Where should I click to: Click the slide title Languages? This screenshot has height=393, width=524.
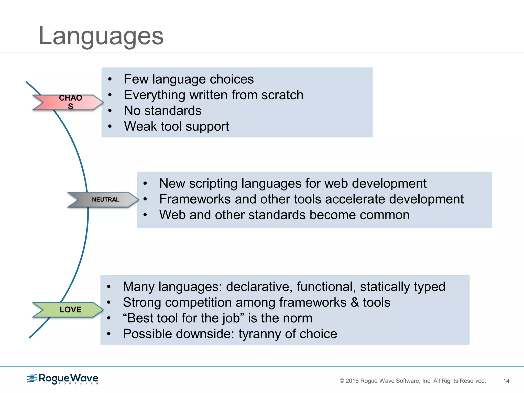click(101, 36)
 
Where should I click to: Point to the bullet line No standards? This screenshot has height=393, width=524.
click(163, 111)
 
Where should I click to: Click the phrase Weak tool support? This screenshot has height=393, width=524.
click(177, 126)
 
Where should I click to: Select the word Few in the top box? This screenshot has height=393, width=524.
click(136, 79)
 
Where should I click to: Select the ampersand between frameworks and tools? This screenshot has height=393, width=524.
click(355, 302)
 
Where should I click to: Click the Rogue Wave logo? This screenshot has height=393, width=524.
click(63, 379)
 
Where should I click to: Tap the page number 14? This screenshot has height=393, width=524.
click(506, 381)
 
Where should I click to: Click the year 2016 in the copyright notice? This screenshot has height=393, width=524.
click(352, 381)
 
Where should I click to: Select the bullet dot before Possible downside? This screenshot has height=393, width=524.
click(109, 334)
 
